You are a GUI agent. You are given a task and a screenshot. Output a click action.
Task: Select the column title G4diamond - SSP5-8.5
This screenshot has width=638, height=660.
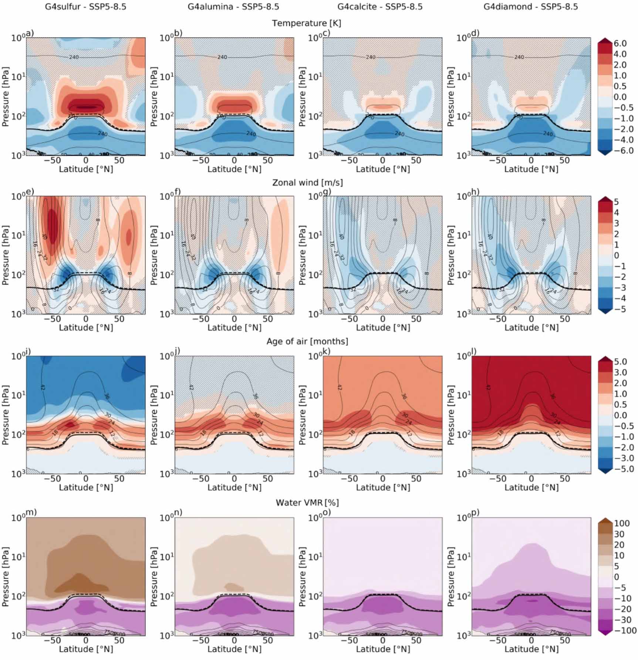click(531, 7)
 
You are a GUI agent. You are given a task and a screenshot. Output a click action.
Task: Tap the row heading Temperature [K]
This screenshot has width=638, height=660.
click(307, 23)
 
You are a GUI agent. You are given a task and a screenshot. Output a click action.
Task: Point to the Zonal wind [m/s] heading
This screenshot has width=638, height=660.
click(307, 183)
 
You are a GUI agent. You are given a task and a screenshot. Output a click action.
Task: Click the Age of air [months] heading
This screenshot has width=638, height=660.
click(307, 341)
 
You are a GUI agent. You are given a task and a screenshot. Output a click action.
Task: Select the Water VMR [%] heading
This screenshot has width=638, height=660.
click(307, 502)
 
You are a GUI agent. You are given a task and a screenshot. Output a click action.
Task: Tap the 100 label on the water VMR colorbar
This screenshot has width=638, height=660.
click(621, 523)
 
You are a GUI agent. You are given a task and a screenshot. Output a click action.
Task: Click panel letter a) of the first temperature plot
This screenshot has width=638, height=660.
click(29, 33)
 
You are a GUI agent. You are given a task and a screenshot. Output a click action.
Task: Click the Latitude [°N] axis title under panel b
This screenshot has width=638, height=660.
click(234, 169)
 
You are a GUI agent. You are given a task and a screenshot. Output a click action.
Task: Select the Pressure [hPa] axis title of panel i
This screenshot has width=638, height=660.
click(6, 415)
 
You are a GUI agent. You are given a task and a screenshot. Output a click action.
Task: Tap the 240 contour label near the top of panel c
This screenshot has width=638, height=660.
click(371, 57)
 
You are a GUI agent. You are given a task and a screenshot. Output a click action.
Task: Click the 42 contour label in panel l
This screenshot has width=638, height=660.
click(488, 387)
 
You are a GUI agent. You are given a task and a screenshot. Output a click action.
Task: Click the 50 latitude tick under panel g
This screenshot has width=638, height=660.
click(416, 319)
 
